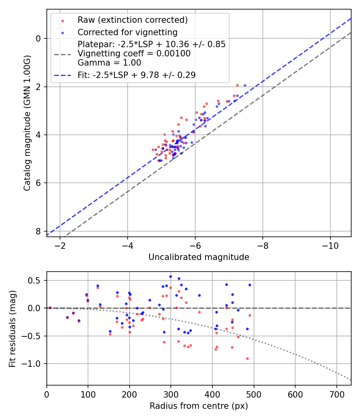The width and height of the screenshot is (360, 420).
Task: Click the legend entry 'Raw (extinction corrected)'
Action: (132, 20)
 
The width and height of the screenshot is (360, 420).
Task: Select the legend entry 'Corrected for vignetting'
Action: (127, 32)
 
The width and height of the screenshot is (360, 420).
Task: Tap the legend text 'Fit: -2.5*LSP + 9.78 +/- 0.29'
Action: (136, 75)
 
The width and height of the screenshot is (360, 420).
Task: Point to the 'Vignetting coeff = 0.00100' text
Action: (134, 53)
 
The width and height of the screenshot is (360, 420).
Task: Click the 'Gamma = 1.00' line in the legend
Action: (109, 62)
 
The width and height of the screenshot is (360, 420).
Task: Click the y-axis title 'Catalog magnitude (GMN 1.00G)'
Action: (27, 123)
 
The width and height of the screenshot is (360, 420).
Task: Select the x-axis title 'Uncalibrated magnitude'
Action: (199, 257)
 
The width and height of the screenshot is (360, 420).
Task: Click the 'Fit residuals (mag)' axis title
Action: (12, 328)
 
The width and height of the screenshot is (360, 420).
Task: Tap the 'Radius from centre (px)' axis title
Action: (199, 406)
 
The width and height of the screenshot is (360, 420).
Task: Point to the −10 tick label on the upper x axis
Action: (330, 245)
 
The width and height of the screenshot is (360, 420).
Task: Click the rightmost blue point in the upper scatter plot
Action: (245, 85)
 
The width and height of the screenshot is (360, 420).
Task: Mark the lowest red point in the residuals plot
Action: (247, 358)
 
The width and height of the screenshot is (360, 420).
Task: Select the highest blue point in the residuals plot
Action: (170, 276)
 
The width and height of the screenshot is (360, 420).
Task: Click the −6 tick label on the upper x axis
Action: (195, 245)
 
